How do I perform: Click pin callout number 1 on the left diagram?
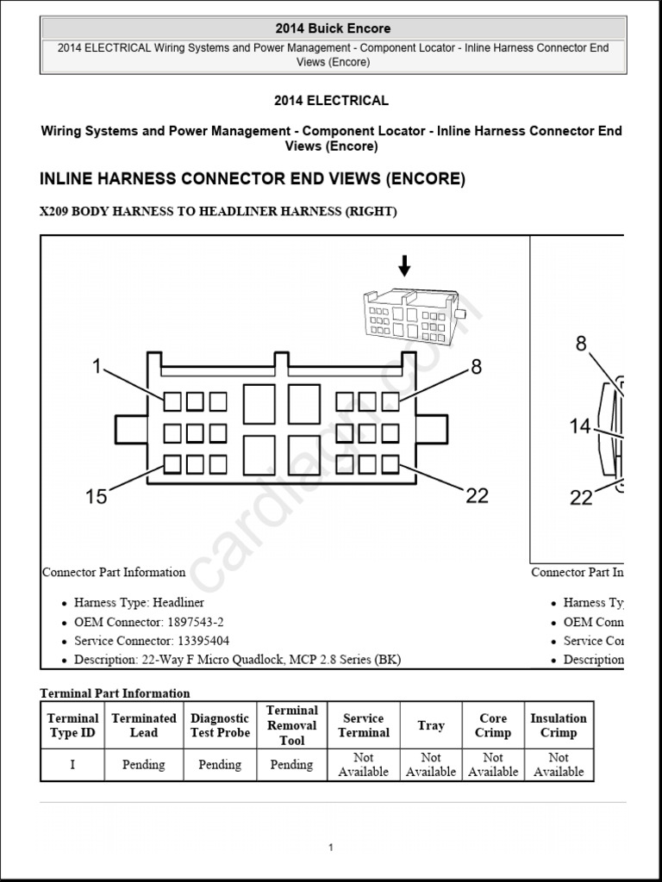click(97, 368)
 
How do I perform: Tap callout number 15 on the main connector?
click(97, 496)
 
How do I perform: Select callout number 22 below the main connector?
click(477, 495)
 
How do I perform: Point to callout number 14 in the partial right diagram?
click(580, 425)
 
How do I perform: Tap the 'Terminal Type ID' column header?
click(72, 725)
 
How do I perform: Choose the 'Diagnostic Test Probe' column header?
click(220, 725)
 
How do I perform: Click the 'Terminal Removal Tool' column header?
click(291, 725)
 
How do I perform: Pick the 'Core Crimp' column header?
click(493, 725)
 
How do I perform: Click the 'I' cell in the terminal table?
click(72, 765)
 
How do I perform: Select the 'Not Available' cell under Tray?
click(430, 765)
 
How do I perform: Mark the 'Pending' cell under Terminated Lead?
click(143, 765)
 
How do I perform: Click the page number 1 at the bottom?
click(330, 848)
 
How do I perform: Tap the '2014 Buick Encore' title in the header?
click(332, 28)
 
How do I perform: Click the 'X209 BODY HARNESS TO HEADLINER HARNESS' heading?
click(218, 212)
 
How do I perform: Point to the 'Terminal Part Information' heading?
click(115, 693)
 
